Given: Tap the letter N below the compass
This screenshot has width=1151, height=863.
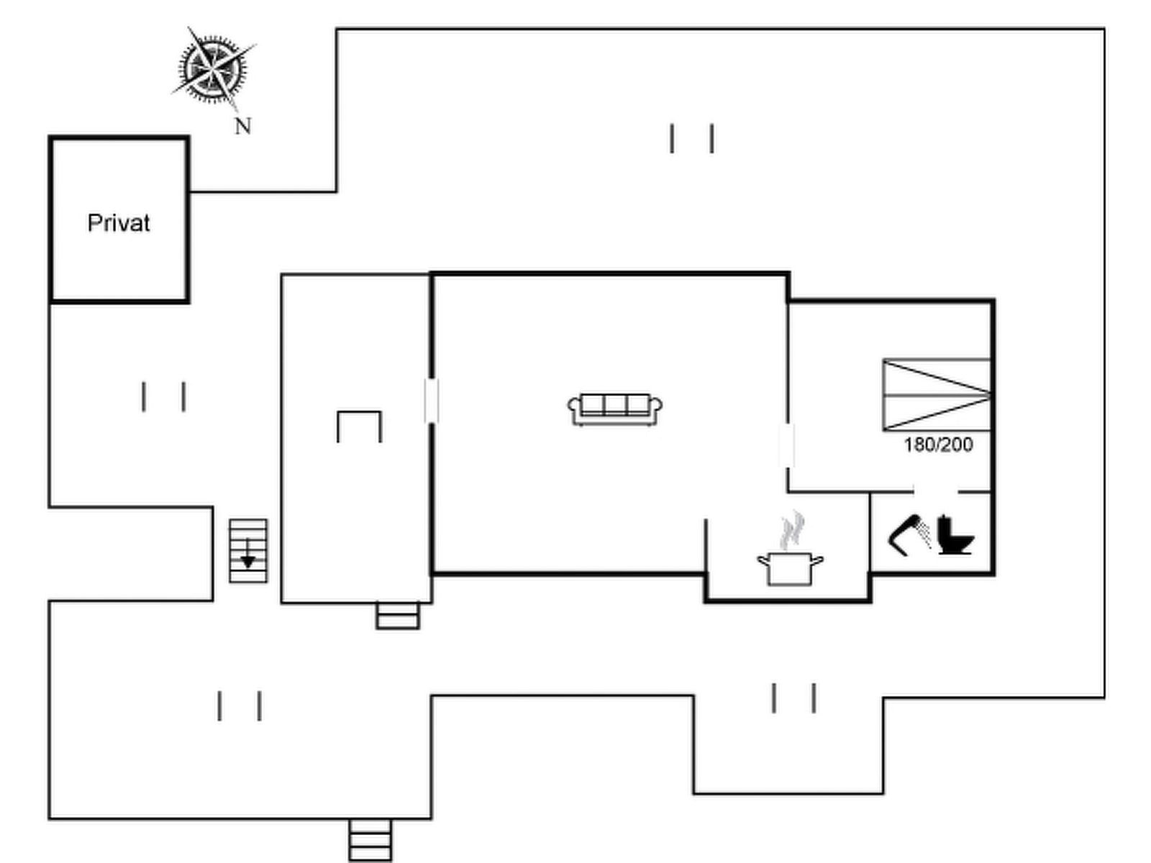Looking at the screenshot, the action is [x=243, y=127].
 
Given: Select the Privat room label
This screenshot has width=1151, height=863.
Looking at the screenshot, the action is [x=119, y=223].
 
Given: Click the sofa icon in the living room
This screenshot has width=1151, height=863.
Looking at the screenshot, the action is [x=615, y=409].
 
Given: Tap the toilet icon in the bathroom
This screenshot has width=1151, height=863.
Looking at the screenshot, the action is [x=955, y=534].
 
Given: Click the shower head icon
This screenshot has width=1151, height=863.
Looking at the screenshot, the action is [x=910, y=534].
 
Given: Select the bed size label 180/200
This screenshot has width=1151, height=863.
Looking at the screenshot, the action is [x=938, y=444].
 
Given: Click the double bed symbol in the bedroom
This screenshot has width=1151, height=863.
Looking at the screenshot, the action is [x=937, y=395].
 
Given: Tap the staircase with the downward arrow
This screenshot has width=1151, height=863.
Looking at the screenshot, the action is [x=248, y=551].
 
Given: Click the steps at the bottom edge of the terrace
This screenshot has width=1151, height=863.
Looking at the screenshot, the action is [x=370, y=840].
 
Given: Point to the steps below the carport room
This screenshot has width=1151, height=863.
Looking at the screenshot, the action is [x=398, y=616].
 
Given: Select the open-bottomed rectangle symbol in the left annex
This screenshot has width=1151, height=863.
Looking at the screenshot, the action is [x=359, y=426].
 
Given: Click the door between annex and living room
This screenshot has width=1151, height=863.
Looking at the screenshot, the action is [x=432, y=401].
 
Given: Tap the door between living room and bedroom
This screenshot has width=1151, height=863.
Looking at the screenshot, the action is [x=787, y=446].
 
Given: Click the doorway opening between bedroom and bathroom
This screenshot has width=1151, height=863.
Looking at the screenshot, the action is [x=936, y=492].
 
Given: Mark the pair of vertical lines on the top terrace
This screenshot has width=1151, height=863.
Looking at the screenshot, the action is [x=692, y=139].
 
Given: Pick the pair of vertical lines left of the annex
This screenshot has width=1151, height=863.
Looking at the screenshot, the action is [x=164, y=396].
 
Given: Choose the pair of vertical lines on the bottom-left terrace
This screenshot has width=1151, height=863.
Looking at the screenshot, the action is [x=240, y=706].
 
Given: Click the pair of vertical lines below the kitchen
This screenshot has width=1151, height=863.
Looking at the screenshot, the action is [x=793, y=698].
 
